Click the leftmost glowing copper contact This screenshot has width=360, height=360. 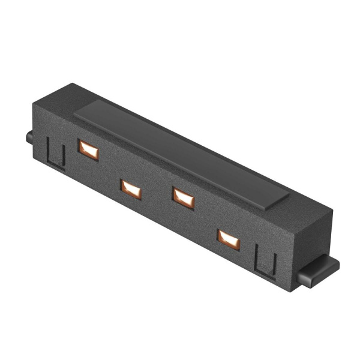coord(88,149)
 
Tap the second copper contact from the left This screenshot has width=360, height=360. coord(131,189)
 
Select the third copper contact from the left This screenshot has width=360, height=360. coord(183,197)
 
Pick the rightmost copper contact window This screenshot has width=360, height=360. coord(229,239)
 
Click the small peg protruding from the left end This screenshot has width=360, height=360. coord(29,137)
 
